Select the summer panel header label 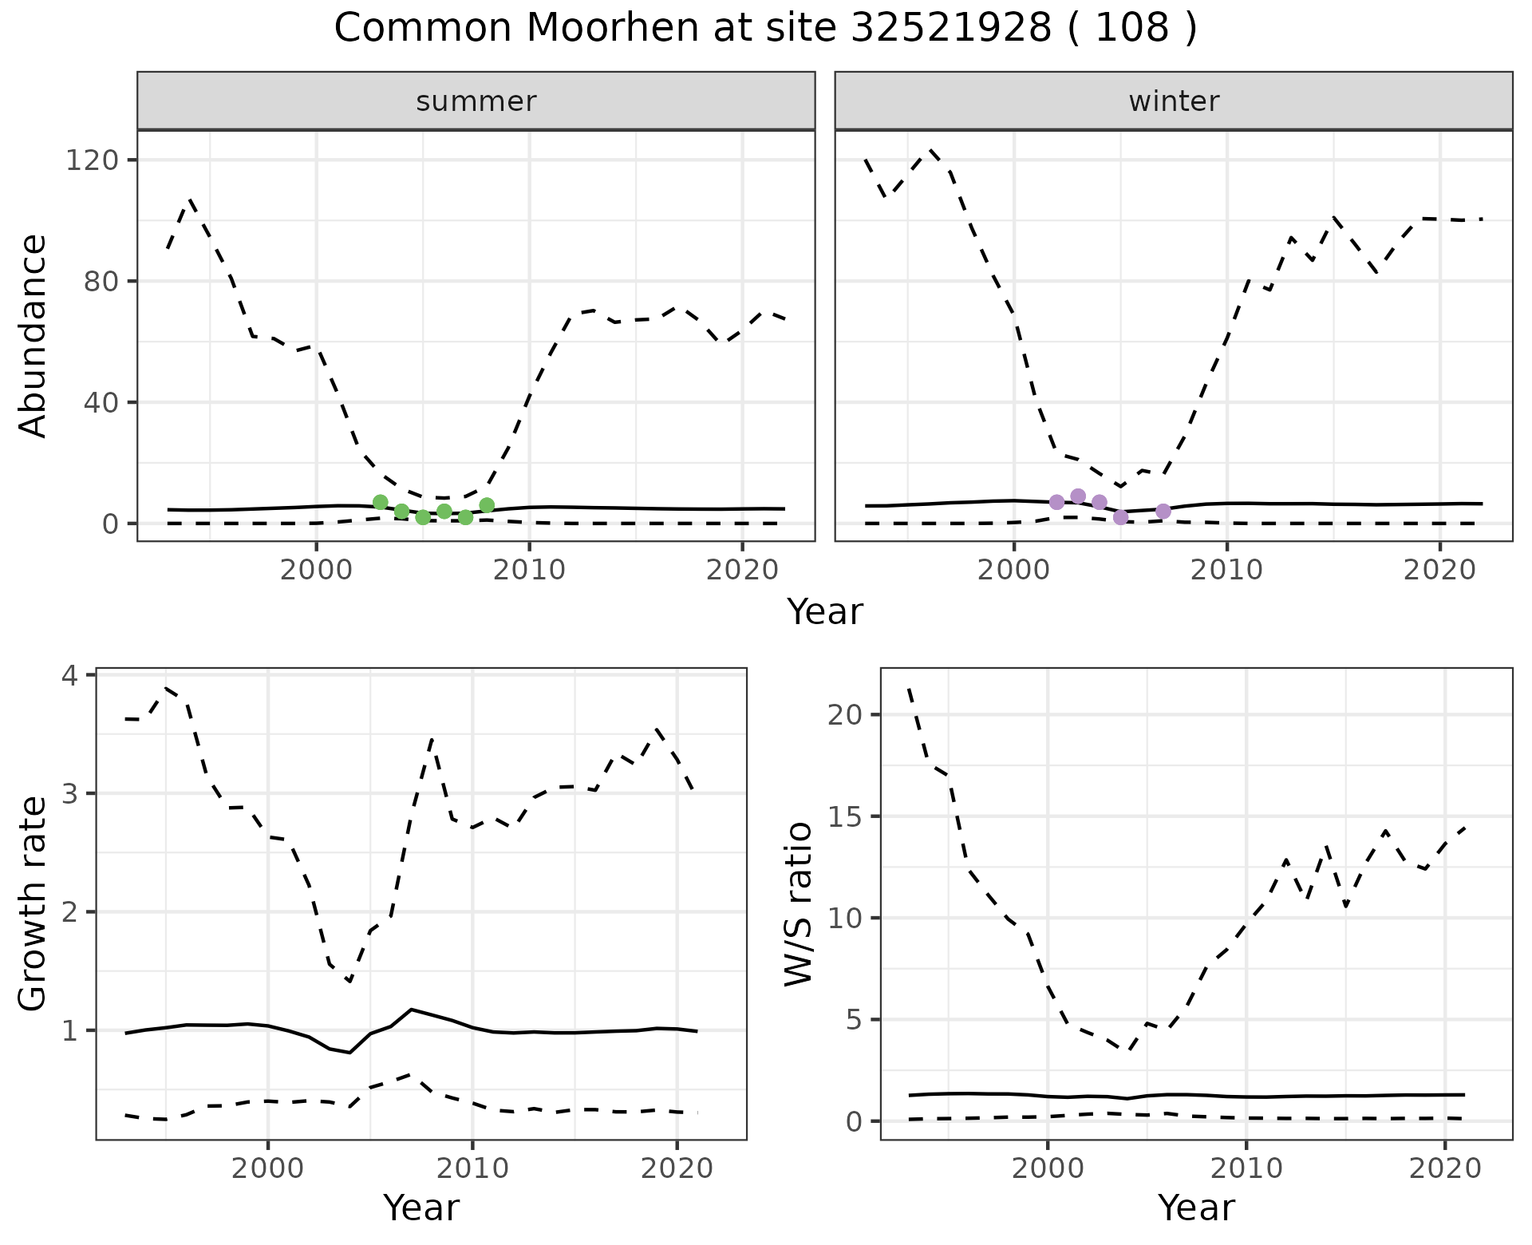[x=476, y=101]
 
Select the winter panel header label [x=1174, y=101]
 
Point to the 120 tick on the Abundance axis [x=90, y=160]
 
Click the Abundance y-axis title [x=34, y=336]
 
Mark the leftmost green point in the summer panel [x=381, y=502]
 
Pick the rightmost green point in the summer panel [x=487, y=505]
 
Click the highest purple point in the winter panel [x=1078, y=496]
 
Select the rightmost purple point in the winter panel [x=1163, y=511]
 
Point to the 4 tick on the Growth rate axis [x=70, y=676]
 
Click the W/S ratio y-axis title [x=799, y=903]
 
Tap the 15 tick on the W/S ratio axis [x=845, y=816]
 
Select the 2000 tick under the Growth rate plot [x=268, y=1168]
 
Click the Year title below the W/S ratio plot [x=1196, y=1207]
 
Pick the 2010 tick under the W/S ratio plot [x=1246, y=1168]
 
